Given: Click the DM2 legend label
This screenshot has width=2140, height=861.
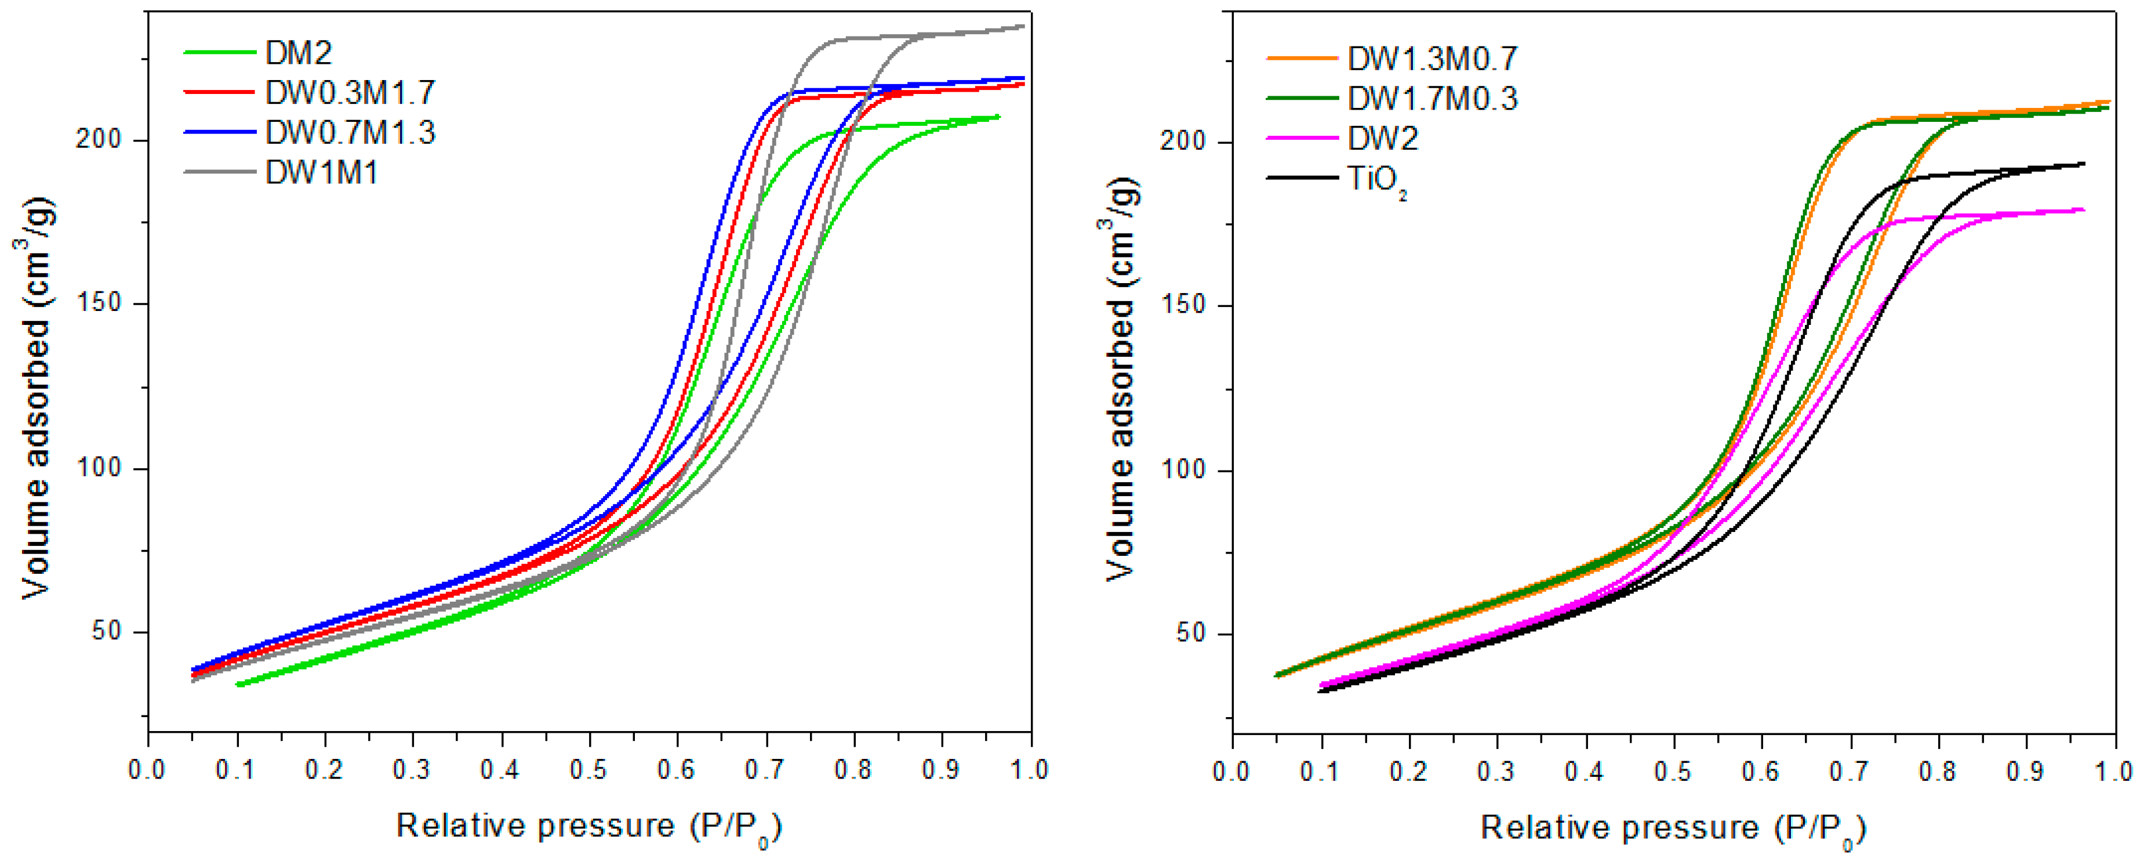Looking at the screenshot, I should point(298,53).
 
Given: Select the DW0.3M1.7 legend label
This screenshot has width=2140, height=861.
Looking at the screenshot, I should point(350,93).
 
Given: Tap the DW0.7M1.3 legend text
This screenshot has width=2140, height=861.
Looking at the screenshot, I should point(350,133).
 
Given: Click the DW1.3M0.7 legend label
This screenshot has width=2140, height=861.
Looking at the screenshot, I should point(1432,58).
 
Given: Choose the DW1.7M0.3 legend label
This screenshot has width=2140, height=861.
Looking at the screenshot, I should point(1432,98).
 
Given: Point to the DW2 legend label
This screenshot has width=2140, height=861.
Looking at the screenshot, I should point(1382,138).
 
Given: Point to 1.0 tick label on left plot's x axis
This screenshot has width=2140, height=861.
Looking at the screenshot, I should point(1029,769).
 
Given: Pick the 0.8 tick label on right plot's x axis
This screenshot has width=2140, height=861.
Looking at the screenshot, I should point(1937,771).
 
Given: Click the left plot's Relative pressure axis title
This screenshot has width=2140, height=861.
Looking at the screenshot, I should point(588,827).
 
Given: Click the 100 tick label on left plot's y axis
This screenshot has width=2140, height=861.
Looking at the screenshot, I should point(99,467).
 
